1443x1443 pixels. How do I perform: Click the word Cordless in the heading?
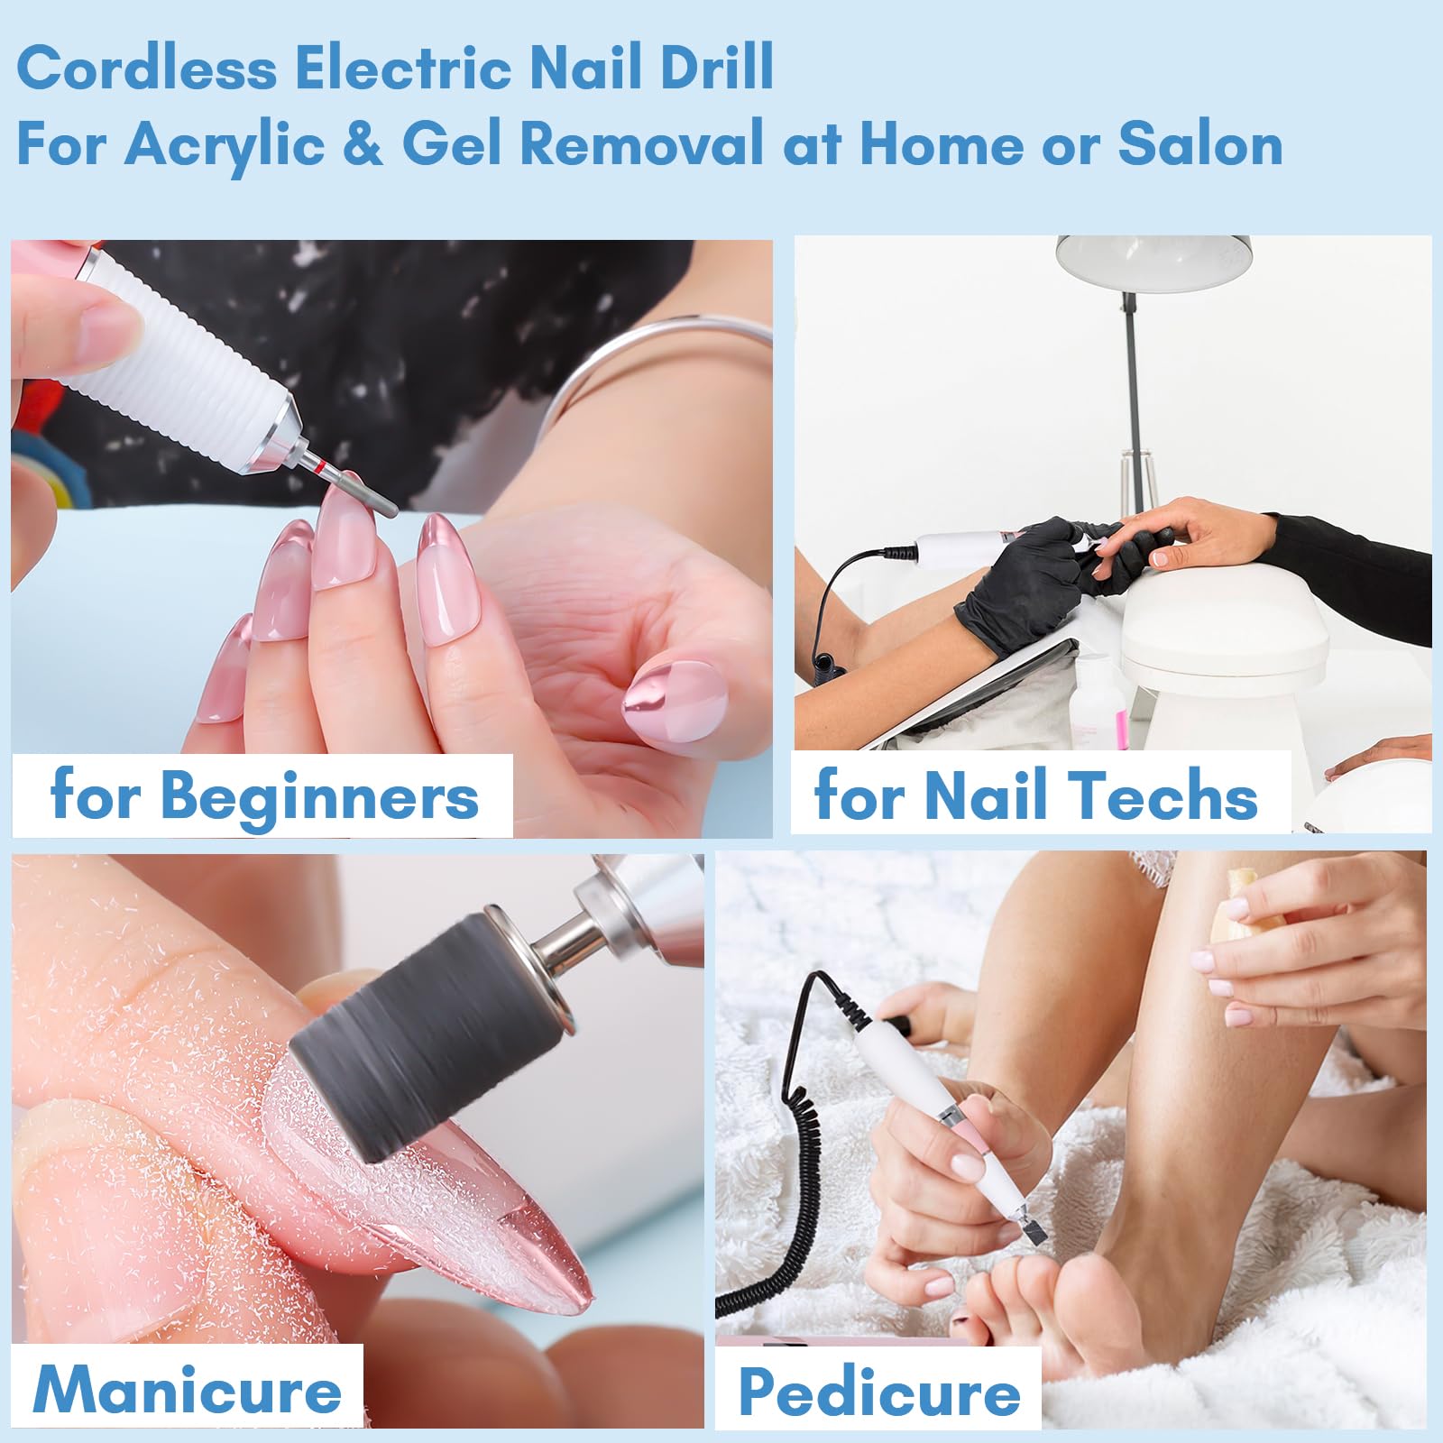147,68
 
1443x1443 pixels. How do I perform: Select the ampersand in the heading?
363,144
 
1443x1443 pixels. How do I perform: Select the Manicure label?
188,1390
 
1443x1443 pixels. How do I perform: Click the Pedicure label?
879,1393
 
